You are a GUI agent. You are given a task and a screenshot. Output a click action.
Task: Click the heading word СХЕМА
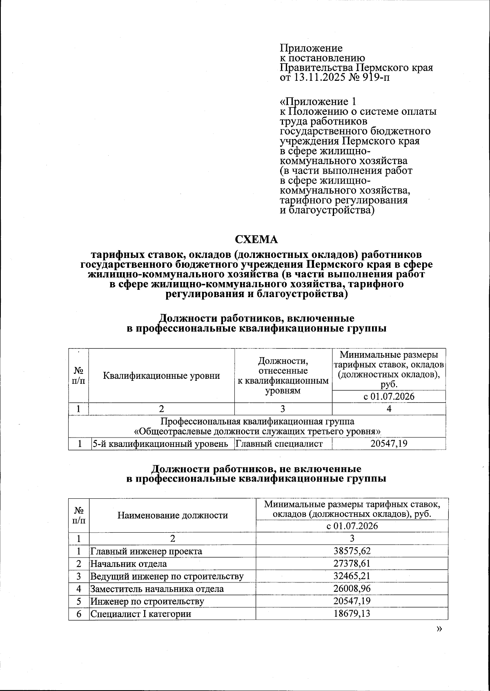pyautogui.click(x=256, y=239)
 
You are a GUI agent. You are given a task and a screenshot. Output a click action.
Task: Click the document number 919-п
pyautogui.click(x=376, y=77)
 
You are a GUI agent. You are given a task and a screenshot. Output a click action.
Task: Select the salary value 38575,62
pyautogui.click(x=352, y=551)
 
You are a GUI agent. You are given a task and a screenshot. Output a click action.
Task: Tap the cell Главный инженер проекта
pyautogui.click(x=146, y=551)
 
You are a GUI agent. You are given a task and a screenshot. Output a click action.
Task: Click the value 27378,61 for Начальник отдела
pyautogui.click(x=352, y=564)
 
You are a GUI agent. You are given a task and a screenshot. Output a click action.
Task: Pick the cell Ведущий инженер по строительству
pyautogui.click(x=167, y=576)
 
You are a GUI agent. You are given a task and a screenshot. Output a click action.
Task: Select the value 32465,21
pyautogui.click(x=352, y=576)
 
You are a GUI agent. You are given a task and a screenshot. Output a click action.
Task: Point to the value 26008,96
pyautogui.click(x=352, y=589)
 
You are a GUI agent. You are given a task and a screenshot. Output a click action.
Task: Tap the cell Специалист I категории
pyautogui.click(x=140, y=614)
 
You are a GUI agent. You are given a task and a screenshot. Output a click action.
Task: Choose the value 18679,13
pyautogui.click(x=352, y=614)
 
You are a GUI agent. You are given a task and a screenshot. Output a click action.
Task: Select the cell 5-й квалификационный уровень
pyautogui.click(x=160, y=444)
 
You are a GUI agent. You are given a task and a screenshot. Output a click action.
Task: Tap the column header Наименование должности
pyautogui.click(x=172, y=515)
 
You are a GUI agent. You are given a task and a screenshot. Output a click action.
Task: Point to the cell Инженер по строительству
pyautogui.click(x=147, y=601)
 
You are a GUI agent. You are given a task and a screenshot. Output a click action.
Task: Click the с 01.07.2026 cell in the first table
pyautogui.click(x=389, y=396)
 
